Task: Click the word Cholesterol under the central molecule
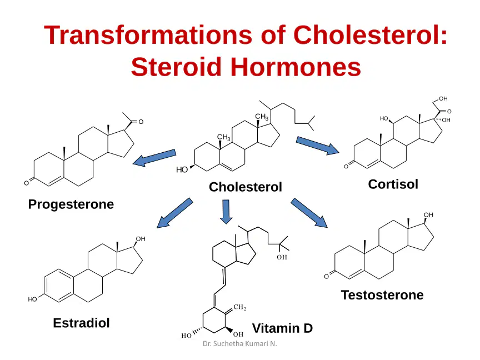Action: coord(245,187)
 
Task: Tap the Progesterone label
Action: coord(71,204)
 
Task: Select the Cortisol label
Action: coord(393,184)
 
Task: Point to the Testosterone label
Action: coord(382,295)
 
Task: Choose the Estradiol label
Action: coord(82,323)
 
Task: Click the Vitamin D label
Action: coord(282,328)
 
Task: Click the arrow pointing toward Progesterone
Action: coord(154,158)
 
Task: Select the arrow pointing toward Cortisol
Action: coord(317,146)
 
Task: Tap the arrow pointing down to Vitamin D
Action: coord(226,212)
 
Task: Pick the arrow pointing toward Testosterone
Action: coord(309,213)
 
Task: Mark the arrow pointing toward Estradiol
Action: coord(174,213)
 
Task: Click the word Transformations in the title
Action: coord(148,35)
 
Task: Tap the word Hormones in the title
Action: coord(296,67)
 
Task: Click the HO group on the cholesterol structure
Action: coord(182,169)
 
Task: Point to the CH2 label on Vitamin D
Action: coord(239,307)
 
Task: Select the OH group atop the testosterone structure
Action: coord(428,215)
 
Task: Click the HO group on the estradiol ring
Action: coord(32,299)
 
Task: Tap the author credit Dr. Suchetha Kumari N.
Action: coord(239,344)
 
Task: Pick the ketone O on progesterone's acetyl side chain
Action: coord(141,122)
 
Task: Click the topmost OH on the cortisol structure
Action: coord(443,98)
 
